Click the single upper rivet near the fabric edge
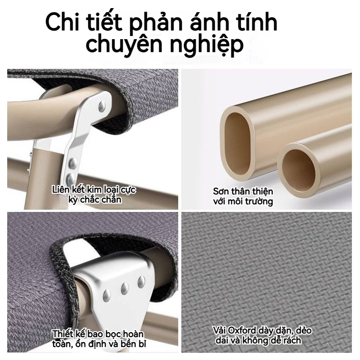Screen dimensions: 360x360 tap(102, 106)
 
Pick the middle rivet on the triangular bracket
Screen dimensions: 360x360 tap(125, 288)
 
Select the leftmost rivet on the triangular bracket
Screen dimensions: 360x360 tap(107, 296)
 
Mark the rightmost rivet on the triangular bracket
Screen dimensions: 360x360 tap(141, 282)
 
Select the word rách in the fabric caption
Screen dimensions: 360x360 tap(292, 340)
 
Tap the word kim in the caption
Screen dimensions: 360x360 tap(91, 190)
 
